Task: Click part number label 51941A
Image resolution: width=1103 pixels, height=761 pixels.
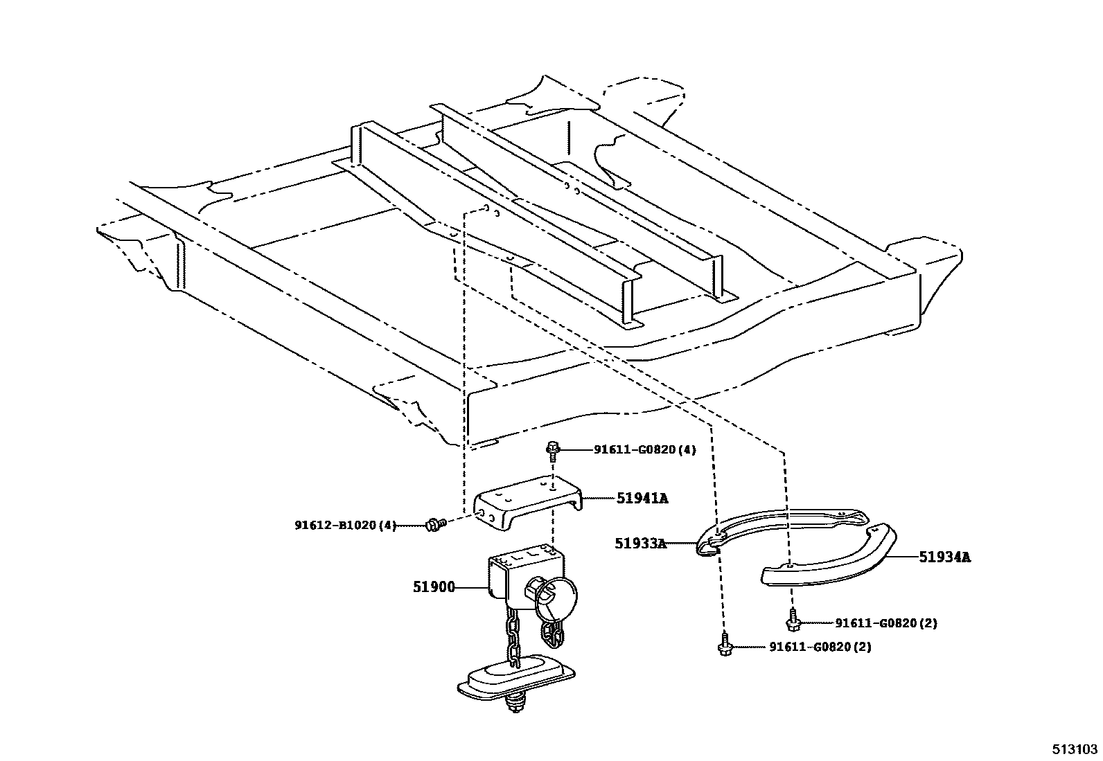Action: pos(642,498)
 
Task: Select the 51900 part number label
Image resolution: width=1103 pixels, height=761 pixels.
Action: pos(434,587)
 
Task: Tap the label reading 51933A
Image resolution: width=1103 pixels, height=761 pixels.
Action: pos(639,544)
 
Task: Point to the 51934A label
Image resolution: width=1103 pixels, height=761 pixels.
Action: pos(944,557)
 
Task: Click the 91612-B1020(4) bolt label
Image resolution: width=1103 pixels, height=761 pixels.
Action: pos(345,526)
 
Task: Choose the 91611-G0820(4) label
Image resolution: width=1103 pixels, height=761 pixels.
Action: pos(644,449)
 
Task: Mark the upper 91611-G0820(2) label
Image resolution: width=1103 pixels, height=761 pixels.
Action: pos(885,623)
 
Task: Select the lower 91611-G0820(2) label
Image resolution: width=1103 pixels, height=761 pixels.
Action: pos(820,647)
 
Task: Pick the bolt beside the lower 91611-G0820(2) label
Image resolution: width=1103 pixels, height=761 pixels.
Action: pos(724,646)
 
